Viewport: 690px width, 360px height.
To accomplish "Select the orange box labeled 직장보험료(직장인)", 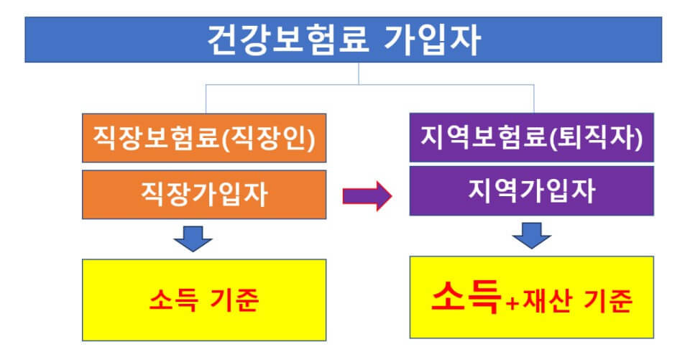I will (204, 139).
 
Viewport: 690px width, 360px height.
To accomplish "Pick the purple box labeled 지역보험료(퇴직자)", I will (531, 137).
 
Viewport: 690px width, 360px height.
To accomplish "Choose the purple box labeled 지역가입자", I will (531, 191).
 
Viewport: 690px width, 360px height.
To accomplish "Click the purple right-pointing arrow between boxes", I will (367, 195).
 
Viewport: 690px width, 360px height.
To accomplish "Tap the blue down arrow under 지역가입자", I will (532, 235).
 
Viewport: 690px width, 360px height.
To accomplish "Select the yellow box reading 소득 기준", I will (204, 300).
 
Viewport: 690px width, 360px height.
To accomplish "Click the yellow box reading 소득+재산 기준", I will (531, 297).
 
